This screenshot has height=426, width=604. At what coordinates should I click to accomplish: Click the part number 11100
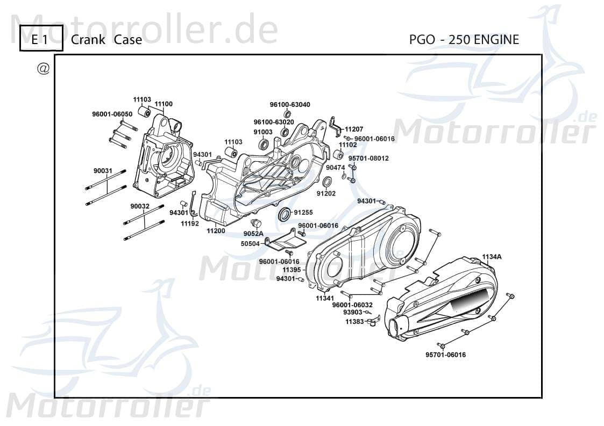[164, 104]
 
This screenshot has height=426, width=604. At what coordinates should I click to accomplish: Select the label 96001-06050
[112, 114]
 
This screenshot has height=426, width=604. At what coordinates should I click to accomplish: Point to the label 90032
[140, 206]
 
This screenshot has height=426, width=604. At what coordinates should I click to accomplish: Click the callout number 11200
[216, 230]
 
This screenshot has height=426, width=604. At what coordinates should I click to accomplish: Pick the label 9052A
[253, 234]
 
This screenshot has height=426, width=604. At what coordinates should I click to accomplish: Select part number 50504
[250, 244]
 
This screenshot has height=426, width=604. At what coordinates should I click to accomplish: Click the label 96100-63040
[290, 105]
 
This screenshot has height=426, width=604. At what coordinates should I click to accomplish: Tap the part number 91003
[263, 132]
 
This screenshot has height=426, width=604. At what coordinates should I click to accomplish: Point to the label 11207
[354, 129]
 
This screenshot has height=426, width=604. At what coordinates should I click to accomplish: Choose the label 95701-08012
[368, 158]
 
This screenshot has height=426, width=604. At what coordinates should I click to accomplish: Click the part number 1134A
[492, 257]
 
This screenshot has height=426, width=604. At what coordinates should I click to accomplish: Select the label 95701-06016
[445, 355]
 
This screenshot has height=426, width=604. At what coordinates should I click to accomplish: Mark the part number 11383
[354, 321]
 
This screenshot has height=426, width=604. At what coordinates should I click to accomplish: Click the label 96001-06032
[352, 305]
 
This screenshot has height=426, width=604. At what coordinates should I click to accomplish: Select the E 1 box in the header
[41, 39]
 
